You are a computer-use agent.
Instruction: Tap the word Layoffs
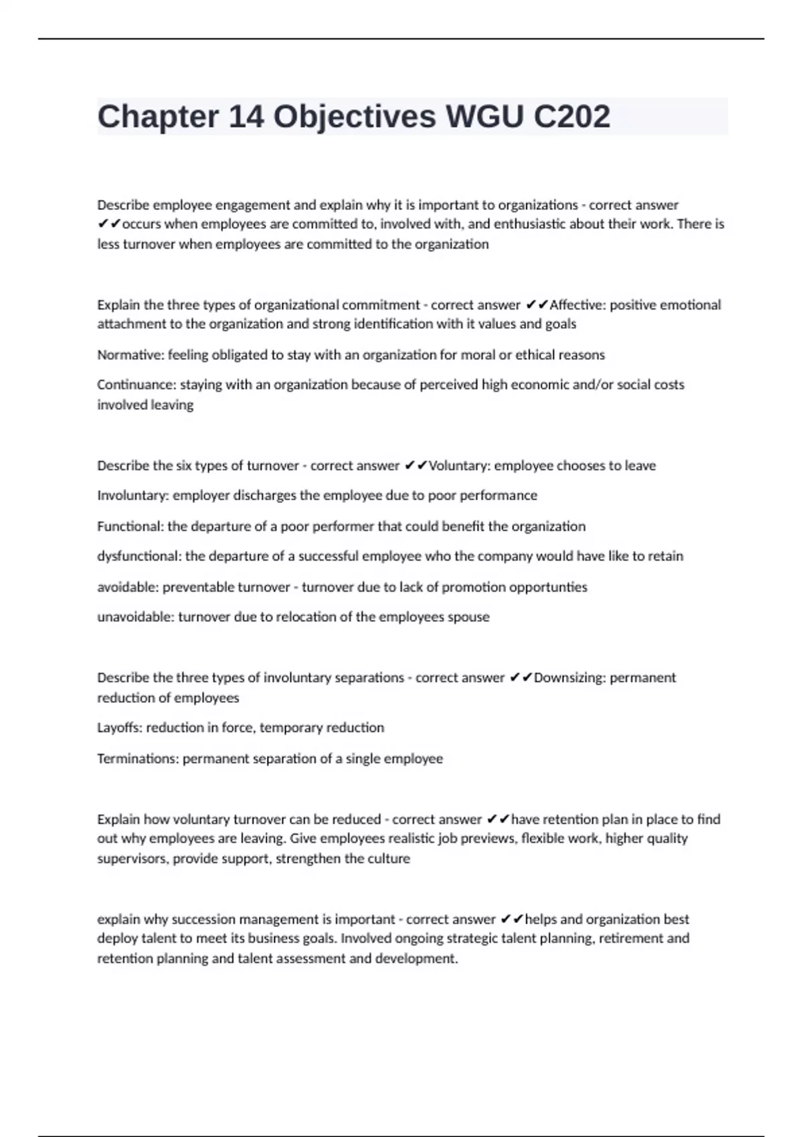tap(118, 728)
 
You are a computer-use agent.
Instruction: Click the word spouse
tap(468, 617)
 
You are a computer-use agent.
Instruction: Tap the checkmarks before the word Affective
tap(537, 305)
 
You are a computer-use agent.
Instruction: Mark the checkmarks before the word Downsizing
tap(521, 678)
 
